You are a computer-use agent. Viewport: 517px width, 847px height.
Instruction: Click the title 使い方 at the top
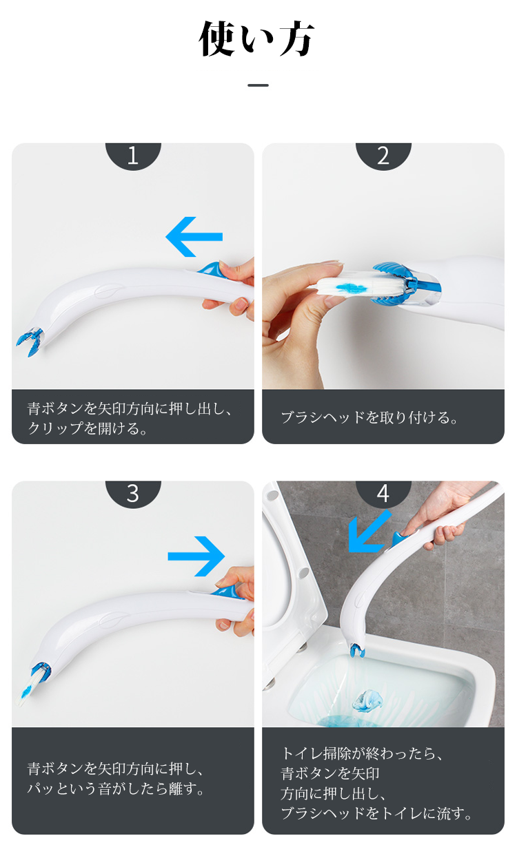point(257,39)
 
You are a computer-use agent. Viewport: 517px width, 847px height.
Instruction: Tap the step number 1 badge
point(133,156)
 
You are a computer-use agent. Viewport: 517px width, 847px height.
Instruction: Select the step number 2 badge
point(383,156)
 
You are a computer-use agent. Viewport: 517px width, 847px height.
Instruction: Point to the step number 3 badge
point(133,494)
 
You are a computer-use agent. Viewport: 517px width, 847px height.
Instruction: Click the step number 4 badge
point(383,494)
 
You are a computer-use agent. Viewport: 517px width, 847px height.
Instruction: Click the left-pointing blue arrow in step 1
point(194,237)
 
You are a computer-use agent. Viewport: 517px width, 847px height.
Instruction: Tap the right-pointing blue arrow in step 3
point(196,556)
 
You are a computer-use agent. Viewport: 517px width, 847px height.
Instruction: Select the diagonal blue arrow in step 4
point(369,531)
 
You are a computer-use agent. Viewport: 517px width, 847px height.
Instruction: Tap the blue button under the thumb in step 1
point(209,269)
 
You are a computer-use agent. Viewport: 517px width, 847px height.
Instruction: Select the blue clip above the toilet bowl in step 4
point(356,649)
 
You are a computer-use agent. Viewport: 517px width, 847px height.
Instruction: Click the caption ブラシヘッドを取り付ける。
point(369,417)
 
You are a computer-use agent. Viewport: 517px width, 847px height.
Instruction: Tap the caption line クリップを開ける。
point(88,428)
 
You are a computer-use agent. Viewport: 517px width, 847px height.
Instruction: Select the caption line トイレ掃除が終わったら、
point(362,753)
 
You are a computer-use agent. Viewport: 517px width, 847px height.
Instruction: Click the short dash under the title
point(258,85)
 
